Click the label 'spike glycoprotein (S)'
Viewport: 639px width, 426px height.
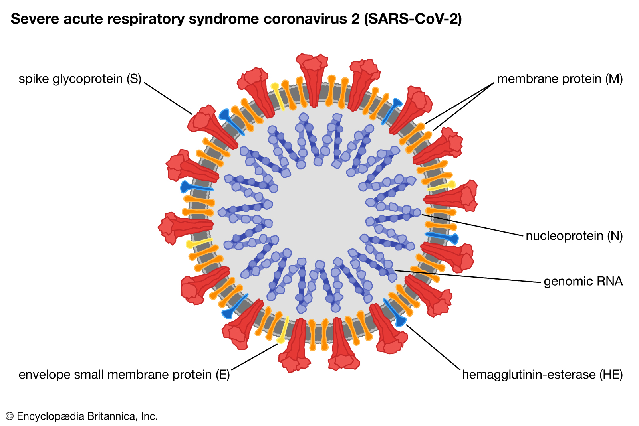tap(80, 79)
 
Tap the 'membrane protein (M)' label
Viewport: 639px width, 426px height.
tap(560, 79)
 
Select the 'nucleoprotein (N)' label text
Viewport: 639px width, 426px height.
tap(574, 236)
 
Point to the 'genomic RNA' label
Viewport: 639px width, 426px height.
tap(583, 282)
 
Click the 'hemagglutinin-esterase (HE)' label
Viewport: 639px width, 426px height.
tap(542, 375)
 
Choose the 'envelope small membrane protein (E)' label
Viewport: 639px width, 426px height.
tap(124, 375)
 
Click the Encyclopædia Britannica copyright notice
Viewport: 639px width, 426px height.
tap(82, 416)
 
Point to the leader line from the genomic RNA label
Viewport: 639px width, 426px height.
tap(467, 276)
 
